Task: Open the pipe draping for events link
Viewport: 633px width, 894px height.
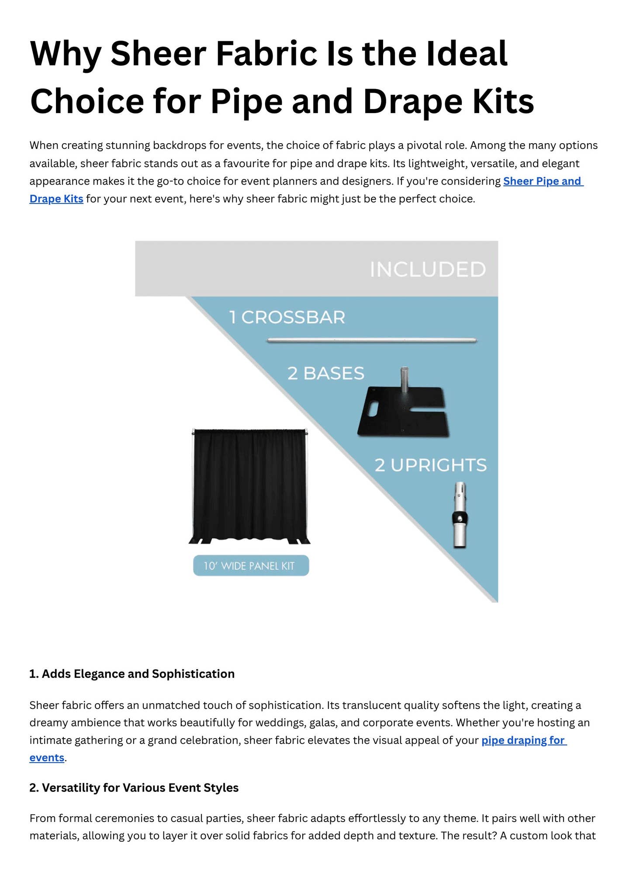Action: pos(523,740)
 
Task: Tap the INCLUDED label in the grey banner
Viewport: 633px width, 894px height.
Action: pos(428,269)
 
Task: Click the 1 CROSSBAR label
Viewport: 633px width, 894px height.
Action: pos(287,317)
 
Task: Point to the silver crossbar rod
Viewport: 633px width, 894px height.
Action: pos(372,340)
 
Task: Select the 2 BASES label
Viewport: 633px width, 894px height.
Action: pos(325,374)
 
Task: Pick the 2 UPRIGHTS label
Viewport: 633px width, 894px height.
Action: pos(430,465)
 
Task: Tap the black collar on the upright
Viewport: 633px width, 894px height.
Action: pos(460,519)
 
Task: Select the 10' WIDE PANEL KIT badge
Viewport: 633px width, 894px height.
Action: pos(251,566)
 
